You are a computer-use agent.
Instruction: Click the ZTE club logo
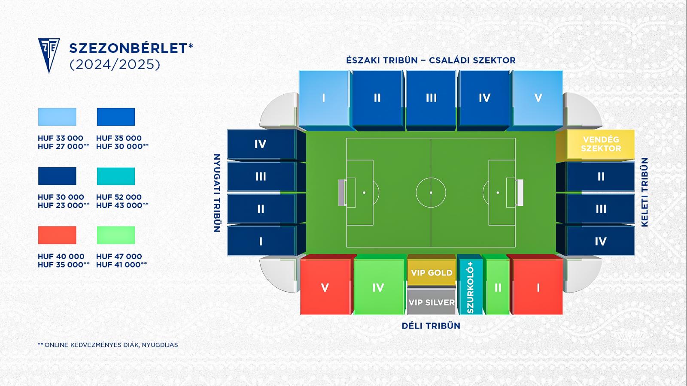click(49, 55)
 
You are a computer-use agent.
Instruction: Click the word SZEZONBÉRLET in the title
click(128, 48)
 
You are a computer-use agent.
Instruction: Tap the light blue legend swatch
click(57, 117)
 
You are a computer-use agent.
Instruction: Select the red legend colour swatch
click(57, 235)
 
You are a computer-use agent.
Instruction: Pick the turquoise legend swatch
click(116, 176)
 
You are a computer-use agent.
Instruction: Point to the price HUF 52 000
click(119, 197)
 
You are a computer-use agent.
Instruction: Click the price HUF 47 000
click(119, 256)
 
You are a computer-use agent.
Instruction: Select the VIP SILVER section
click(432, 302)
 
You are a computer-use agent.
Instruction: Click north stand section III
click(431, 98)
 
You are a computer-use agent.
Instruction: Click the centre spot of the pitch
click(431, 193)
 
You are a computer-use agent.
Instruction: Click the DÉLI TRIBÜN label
click(431, 326)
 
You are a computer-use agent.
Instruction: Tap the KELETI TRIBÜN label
click(644, 193)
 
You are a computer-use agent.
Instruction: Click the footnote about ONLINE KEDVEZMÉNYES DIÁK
click(108, 345)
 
